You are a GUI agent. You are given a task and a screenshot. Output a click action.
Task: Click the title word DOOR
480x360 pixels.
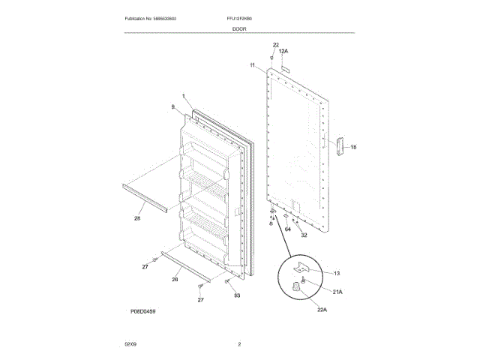[239, 28]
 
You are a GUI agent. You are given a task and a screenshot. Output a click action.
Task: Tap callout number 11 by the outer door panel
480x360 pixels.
[253, 66]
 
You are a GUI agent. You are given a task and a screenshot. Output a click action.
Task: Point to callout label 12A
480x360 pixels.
[283, 51]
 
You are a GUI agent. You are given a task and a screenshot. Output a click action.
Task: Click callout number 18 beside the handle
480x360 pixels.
[353, 147]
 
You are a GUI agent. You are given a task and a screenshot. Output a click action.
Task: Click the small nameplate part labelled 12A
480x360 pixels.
[285, 65]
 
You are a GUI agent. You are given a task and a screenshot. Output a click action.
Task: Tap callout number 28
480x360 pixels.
[137, 218]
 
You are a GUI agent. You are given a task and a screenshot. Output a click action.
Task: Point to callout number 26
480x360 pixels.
[175, 280]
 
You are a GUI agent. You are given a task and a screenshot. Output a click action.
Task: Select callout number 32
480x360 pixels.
[304, 235]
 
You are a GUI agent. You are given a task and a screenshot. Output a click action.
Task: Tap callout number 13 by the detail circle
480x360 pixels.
[336, 274]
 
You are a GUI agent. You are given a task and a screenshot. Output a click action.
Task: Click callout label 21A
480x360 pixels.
[337, 292]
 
